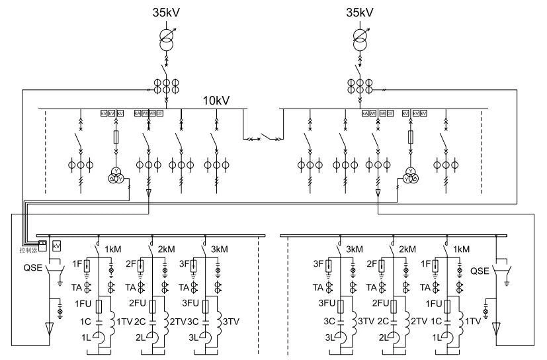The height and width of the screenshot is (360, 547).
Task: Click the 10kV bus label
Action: coord(219,101)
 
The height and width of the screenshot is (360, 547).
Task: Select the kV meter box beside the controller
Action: coord(56,245)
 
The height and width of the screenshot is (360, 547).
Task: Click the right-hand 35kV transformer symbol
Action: coord(362,37)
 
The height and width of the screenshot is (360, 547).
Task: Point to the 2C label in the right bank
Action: coord(384,321)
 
